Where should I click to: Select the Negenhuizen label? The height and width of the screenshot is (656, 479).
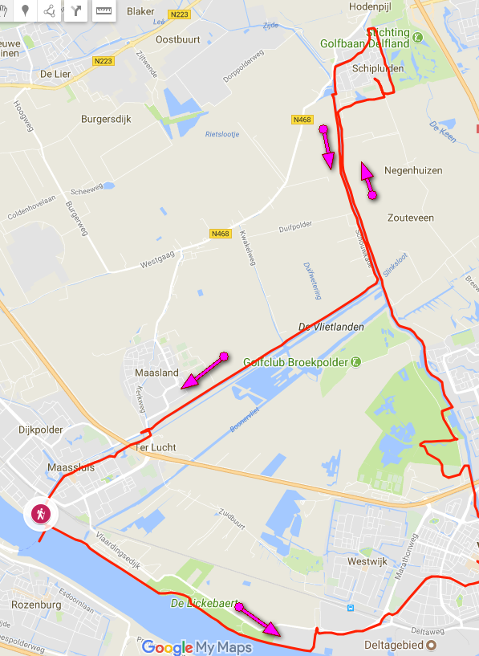click(x=413, y=171)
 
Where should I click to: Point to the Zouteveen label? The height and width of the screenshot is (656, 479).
click(x=410, y=218)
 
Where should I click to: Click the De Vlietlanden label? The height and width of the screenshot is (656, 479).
click(x=331, y=327)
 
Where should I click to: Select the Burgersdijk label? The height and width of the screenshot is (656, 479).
click(x=106, y=119)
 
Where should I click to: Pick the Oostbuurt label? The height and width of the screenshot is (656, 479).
click(x=177, y=39)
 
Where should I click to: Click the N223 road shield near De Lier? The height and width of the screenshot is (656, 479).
click(x=103, y=61)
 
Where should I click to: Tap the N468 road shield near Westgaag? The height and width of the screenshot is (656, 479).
click(x=221, y=234)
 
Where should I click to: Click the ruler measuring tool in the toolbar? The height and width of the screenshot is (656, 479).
click(x=104, y=10)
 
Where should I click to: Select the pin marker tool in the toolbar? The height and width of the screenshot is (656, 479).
click(x=26, y=10)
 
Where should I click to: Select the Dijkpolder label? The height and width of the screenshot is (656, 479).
click(x=40, y=430)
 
